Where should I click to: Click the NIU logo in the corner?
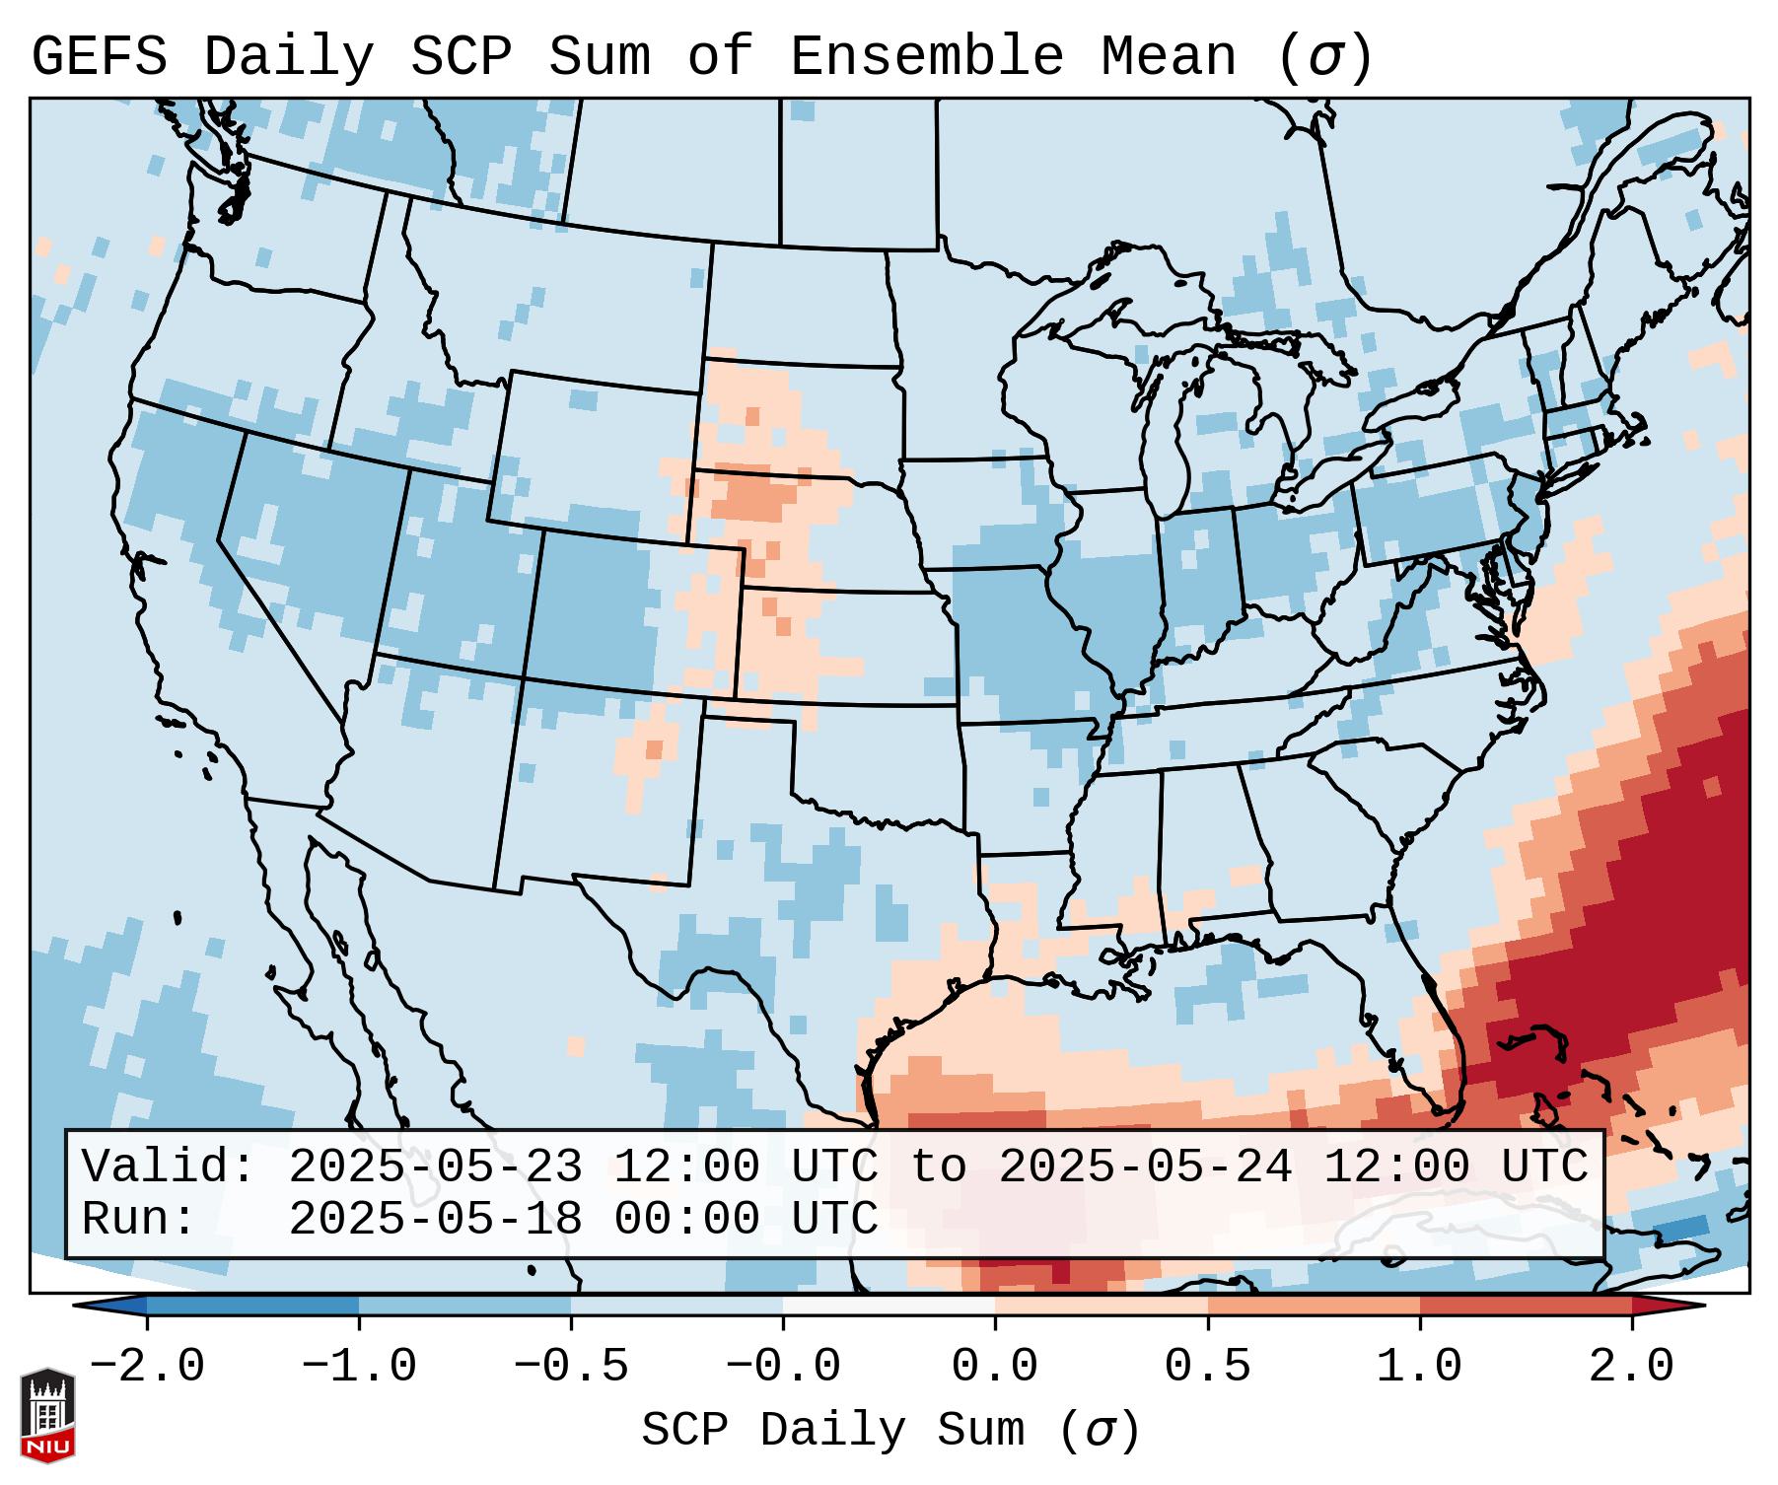[x=47, y=1414]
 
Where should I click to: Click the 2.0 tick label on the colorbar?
[x=1631, y=1367]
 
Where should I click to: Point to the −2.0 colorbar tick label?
[x=147, y=1367]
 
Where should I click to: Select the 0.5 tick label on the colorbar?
[x=1207, y=1367]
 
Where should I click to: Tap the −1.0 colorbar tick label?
[x=359, y=1367]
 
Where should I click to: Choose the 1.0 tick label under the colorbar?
[x=1419, y=1367]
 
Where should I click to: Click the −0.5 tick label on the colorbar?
[x=571, y=1367]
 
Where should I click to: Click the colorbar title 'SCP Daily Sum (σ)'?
[x=890, y=1430]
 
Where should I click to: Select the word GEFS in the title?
[x=99, y=57]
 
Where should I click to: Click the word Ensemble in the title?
[x=927, y=57]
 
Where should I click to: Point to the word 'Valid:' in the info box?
[x=169, y=1167]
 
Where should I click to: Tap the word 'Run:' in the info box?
[x=139, y=1219]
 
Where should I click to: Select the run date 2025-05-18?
[x=435, y=1219]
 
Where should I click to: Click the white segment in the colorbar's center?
[x=889, y=1306]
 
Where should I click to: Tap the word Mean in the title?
[x=1169, y=57]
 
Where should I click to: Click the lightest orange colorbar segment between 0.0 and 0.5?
[x=1101, y=1306]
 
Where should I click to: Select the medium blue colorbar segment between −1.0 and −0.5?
[x=464, y=1306]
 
